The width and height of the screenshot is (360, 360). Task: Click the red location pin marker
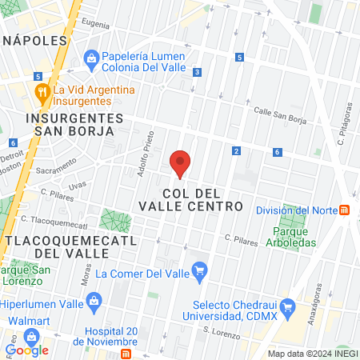pyautogui.click(x=180, y=163)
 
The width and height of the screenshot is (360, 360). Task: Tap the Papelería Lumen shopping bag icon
pyautogui.click(x=92, y=58)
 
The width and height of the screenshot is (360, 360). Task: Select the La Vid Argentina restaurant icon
pyautogui.click(x=42, y=90)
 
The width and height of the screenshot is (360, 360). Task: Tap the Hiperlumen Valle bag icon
pyautogui.click(x=94, y=302)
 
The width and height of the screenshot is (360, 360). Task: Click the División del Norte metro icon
pyautogui.click(x=345, y=210)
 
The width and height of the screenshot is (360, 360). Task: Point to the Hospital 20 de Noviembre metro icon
pyautogui.click(x=126, y=354)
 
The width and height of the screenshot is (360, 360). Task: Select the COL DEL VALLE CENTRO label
pyautogui.click(x=202, y=200)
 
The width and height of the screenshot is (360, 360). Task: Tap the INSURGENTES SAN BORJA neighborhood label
pyautogui.click(x=75, y=125)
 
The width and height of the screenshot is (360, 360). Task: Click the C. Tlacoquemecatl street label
pyautogui.click(x=54, y=222)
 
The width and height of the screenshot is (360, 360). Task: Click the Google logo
pyautogui.click(x=26, y=349)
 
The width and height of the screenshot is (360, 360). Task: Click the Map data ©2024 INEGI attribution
pyautogui.click(x=312, y=354)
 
